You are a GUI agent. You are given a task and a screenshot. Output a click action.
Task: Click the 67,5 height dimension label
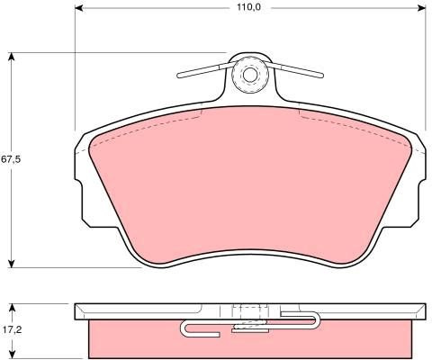point(11,159)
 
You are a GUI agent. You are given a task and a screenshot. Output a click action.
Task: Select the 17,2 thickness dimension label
point(12,330)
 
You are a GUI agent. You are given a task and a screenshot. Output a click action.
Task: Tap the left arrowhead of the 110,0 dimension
point(78,8)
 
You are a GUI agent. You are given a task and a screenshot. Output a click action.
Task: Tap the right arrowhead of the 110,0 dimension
point(421,8)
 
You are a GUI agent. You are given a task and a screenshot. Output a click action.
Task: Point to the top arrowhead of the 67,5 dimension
point(12,57)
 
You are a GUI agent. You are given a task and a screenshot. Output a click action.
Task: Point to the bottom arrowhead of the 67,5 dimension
point(12,263)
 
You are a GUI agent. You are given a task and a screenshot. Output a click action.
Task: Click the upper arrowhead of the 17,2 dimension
point(12,308)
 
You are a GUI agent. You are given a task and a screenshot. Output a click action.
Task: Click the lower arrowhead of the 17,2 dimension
point(12,354)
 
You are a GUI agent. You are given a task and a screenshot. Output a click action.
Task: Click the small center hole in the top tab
point(249,75)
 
